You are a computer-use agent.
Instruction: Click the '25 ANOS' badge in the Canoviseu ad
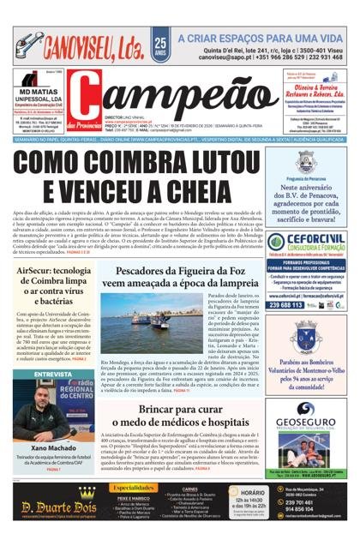[160, 44]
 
